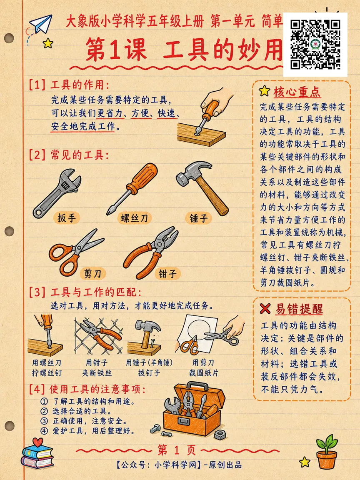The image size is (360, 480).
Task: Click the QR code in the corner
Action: (315, 45)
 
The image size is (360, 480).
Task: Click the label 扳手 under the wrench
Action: (66, 218)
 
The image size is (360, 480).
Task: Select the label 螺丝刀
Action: (135, 218)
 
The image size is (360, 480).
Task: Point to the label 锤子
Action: (198, 218)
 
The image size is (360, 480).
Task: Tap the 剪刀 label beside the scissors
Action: (92, 273)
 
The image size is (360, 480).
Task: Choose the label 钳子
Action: (167, 273)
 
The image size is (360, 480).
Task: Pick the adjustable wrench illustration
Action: (57, 193)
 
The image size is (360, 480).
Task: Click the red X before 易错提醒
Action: (265, 309)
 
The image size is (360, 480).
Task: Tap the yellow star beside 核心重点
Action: (265, 91)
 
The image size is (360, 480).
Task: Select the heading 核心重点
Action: (297, 92)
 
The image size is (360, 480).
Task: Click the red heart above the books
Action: (37, 442)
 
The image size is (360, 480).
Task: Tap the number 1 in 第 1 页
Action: (177, 450)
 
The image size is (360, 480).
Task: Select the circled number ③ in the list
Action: (45, 421)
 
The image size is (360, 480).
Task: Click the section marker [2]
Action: (37, 155)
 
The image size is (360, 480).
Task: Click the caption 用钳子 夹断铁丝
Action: (97, 367)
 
